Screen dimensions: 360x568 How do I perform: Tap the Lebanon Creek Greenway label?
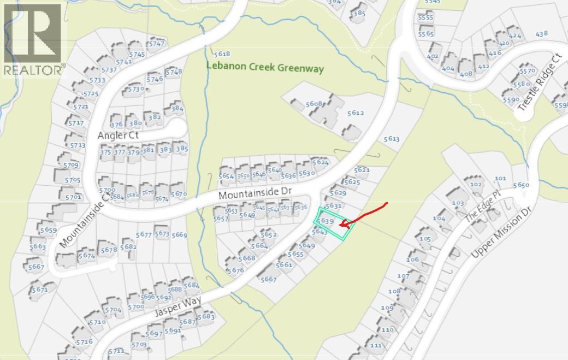click(x=265, y=68)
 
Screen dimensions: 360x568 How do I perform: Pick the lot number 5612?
click(x=355, y=113)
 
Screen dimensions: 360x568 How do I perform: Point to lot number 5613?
click(x=392, y=139)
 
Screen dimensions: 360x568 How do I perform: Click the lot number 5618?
click(x=222, y=54)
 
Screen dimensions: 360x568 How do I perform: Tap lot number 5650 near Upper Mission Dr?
click(x=521, y=185)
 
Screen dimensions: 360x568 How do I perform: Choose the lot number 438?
click(x=541, y=34)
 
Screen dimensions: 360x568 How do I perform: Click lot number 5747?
click(x=156, y=44)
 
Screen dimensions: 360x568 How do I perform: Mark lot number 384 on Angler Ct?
click(x=176, y=108)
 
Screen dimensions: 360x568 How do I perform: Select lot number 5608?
click(x=314, y=104)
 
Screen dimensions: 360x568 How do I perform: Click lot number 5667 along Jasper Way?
click(x=269, y=279)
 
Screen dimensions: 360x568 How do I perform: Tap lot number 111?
click(x=375, y=345)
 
